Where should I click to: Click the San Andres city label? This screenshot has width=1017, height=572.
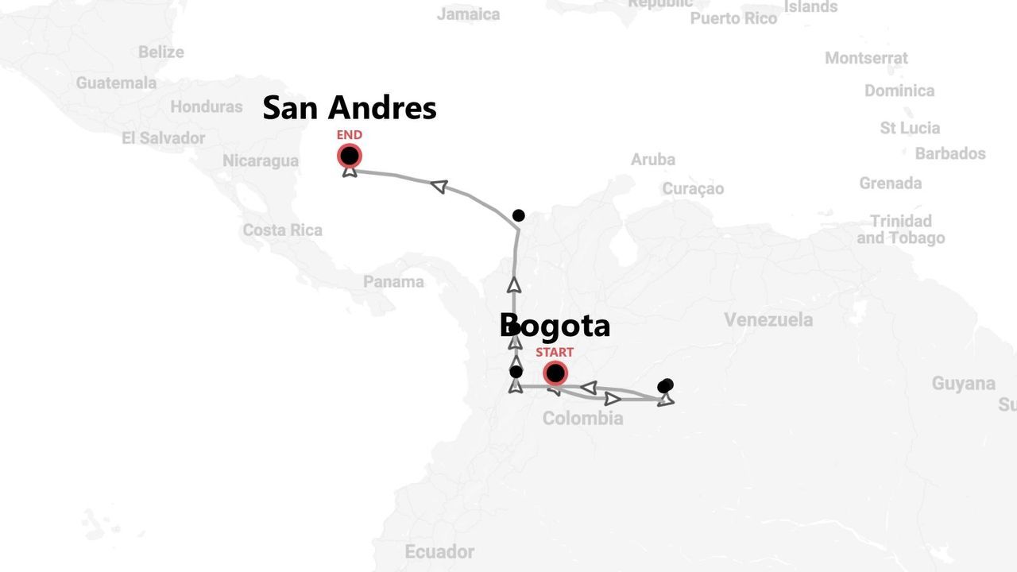[349, 108]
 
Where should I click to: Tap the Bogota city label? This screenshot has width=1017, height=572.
[555, 326]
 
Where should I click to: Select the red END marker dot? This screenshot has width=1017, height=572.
[349, 156]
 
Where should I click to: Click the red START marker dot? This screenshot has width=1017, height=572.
[555, 373]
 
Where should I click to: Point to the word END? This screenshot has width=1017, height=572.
[349, 135]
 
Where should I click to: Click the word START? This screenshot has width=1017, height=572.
[554, 352]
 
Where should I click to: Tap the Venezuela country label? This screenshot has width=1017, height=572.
[768, 320]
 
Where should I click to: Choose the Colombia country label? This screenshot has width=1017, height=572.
[582, 419]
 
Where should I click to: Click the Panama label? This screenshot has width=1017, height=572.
[393, 282]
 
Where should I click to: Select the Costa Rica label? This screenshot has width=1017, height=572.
[282, 230]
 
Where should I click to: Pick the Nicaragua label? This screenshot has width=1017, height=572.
[261, 160]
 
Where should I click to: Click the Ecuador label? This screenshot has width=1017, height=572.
[439, 551]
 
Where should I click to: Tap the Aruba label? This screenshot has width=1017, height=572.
[653, 160]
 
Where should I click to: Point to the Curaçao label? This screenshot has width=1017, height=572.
[693, 188]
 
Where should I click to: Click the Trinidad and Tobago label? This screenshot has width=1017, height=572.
[900, 230]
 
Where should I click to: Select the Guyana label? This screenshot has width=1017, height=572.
[963, 384]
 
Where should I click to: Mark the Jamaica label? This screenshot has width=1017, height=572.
[468, 14]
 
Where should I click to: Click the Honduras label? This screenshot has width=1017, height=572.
[207, 106]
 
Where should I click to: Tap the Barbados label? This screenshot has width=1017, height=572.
[950, 153]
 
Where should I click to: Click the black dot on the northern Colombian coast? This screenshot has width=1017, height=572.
[518, 215]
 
